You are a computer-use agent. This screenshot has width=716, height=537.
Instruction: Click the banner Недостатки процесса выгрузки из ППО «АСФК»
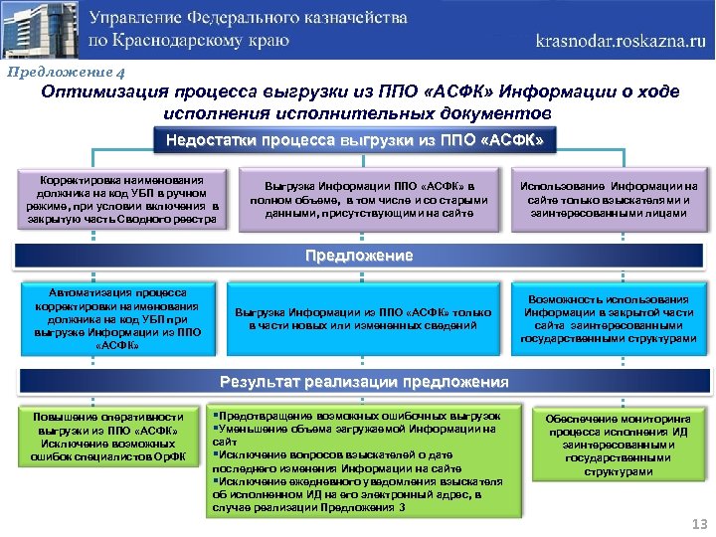(x=355, y=141)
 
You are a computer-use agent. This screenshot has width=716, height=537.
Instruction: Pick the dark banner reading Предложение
(x=358, y=256)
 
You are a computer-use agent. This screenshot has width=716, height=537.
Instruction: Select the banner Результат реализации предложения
(x=364, y=382)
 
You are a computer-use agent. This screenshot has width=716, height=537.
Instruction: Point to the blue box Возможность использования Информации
(x=609, y=318)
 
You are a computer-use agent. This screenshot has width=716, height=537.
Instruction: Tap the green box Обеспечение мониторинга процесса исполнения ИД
(x=612, y=445)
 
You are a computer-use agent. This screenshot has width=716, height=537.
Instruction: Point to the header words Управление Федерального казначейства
(x=250, y=20)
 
